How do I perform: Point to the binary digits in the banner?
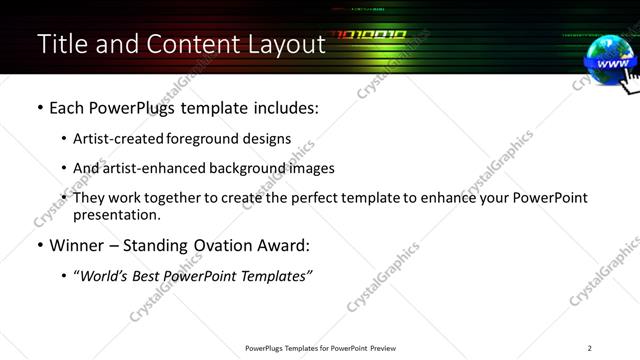pyautogui.click(x=369, y=35)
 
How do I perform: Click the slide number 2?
pyautogui.click(x=589, y=348)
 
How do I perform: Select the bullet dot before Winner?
pyautogui.click(x=39, y=245)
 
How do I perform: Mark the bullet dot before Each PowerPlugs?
pyautogui.click(x=39, y=108)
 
